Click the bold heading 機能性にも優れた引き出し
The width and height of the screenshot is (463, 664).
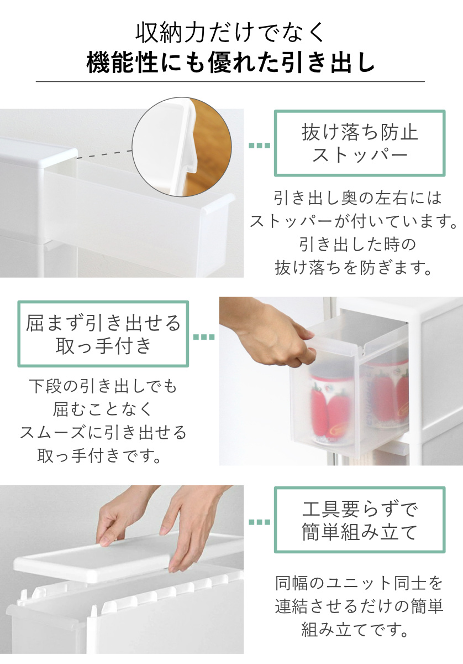coord(230,63)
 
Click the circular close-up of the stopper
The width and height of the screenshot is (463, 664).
coord(182,147)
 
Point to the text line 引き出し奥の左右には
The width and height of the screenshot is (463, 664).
coord(357,198)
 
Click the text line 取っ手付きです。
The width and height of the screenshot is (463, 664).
coord(99,455)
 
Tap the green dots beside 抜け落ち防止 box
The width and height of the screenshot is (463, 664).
coord(259,145)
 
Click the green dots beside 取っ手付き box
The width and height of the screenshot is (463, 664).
coord(204,337)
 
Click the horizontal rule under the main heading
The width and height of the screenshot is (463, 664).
coord(230,81)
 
